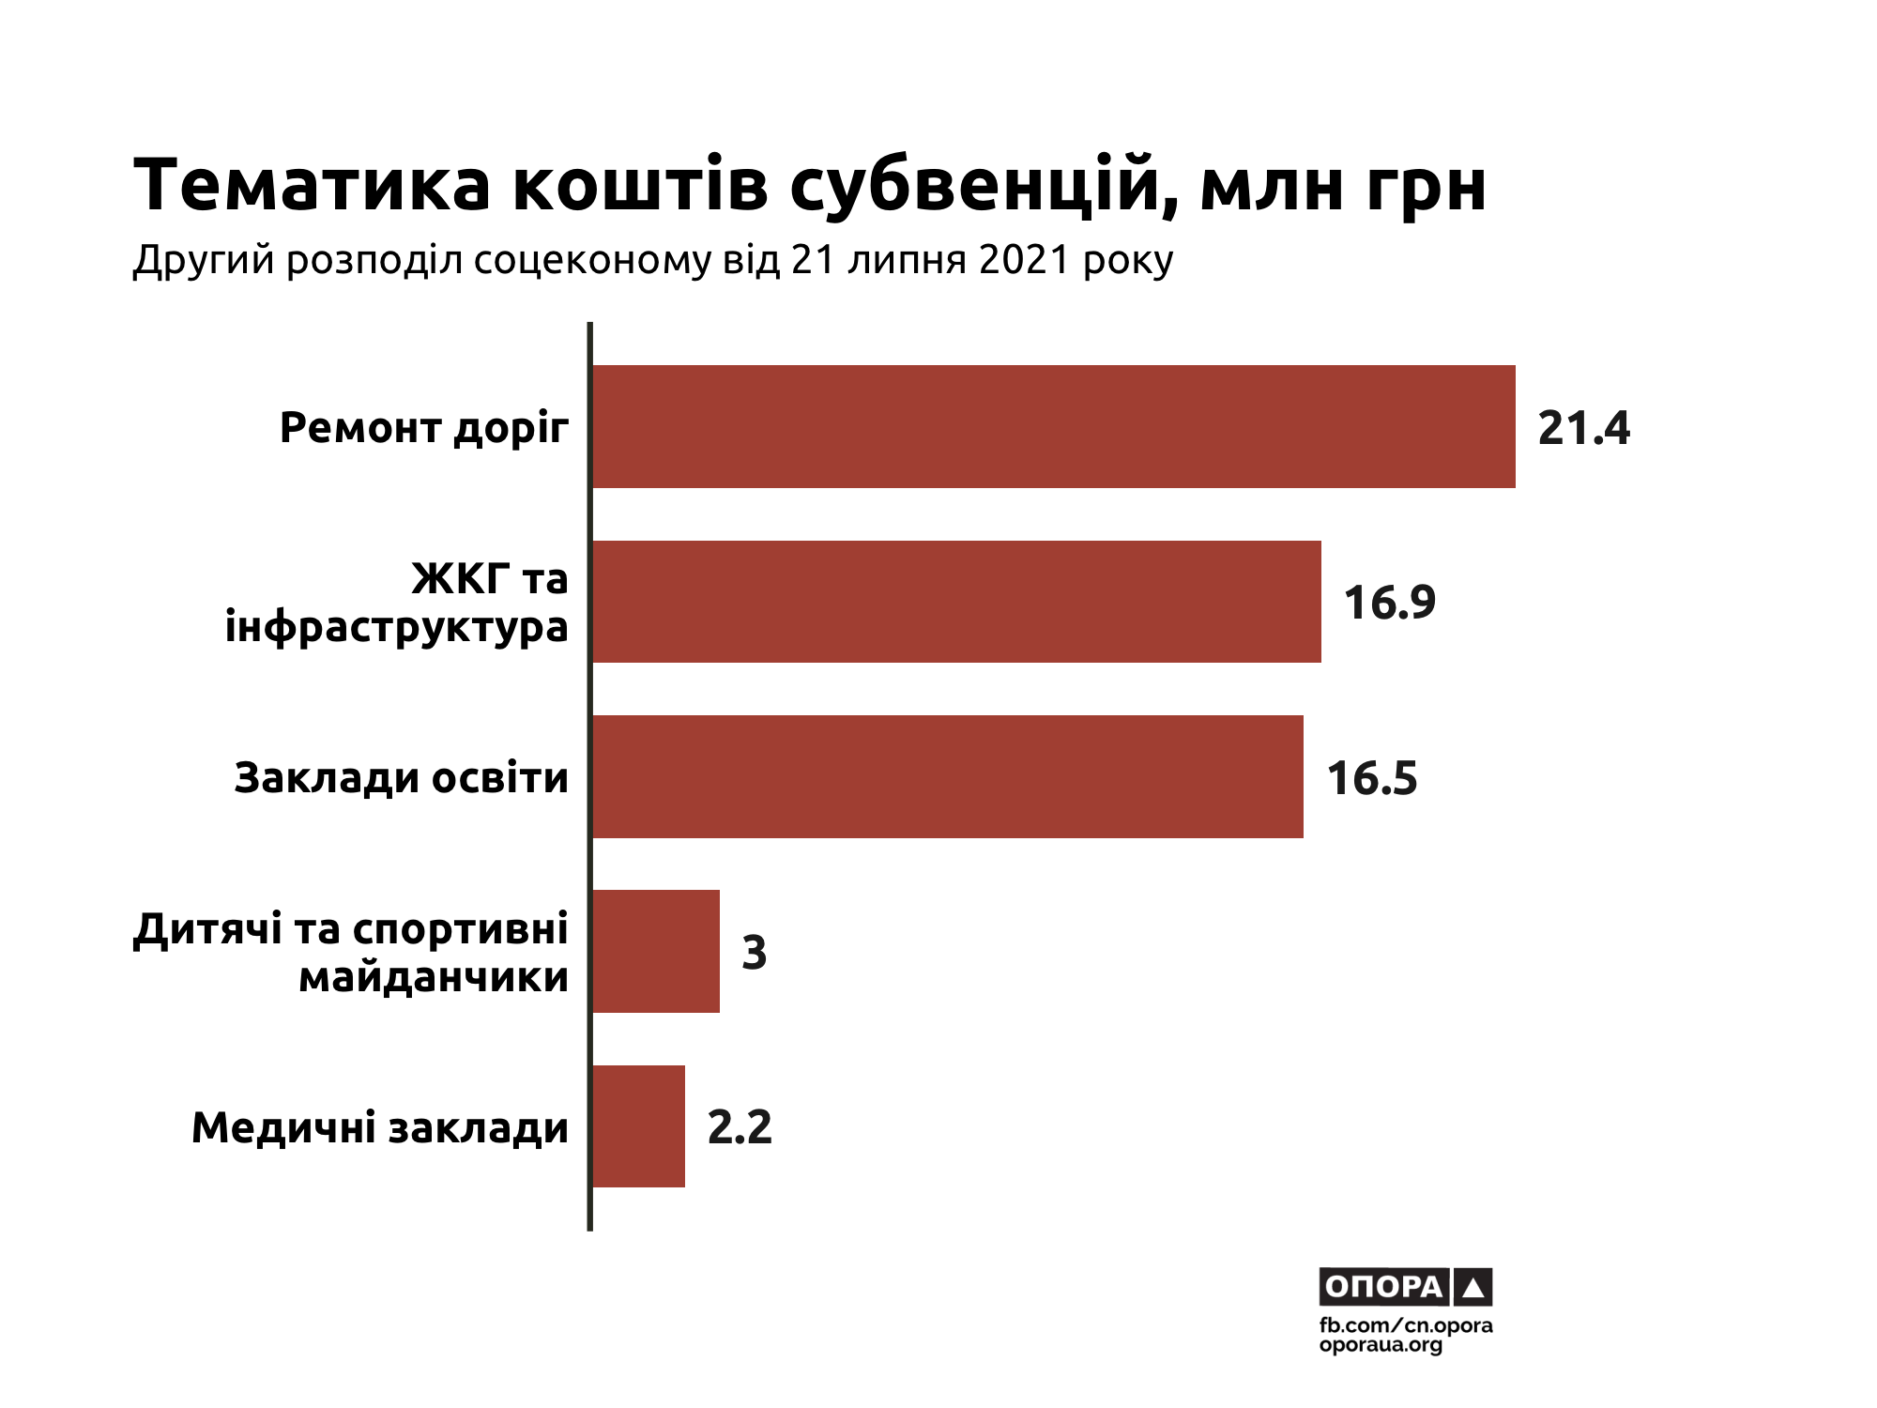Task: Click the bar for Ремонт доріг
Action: tap(1053, 426)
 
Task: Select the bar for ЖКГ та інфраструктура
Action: tap(956, 602)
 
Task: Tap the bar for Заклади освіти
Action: tap(947, 776)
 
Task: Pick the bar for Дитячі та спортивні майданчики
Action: tap(656, 951)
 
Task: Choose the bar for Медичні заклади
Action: tap(638, 1126)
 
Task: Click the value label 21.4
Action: tap(1583, 428)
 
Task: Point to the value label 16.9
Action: tap(1389, 603)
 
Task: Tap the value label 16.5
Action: tap(1371, 778)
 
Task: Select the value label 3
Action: tap(754, 953)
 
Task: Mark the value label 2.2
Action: tap(740, 1127)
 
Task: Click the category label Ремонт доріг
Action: tap(424, 429)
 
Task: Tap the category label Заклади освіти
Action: tap(402, 778)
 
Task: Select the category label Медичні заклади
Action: tap(380, 1128)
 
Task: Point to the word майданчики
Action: tap(434, 978)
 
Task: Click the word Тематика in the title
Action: tap(313, 185)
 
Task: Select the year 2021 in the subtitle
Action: tap(1024, 260)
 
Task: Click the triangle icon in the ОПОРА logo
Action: tap(1473, 1288)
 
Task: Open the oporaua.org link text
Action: tap(1381, 1345)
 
